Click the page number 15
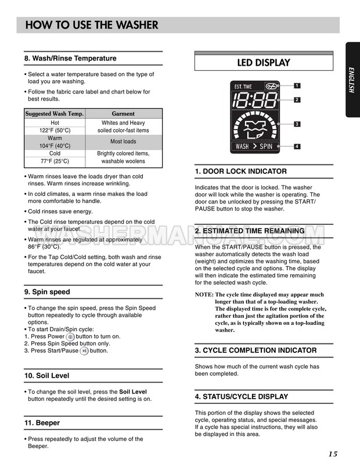tap(332, 454)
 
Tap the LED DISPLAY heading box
tap(263, 62)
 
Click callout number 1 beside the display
tap(297, 85)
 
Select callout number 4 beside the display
tap(297, 146)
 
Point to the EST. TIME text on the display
tap(243, 87)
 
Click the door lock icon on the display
tap(271, 87)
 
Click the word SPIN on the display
tap(265, 146)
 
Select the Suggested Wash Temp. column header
tap(55, 114)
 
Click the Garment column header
tap(123, 114)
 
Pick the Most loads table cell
tap(123, 141)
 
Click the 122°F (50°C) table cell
tap(55, 131)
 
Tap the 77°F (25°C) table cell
tap(55, 161)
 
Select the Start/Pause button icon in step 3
tap(84, 350)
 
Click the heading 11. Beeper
tap(42, 423)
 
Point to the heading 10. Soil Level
tap(46, 376)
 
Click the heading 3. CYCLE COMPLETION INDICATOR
tap(255, 350)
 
